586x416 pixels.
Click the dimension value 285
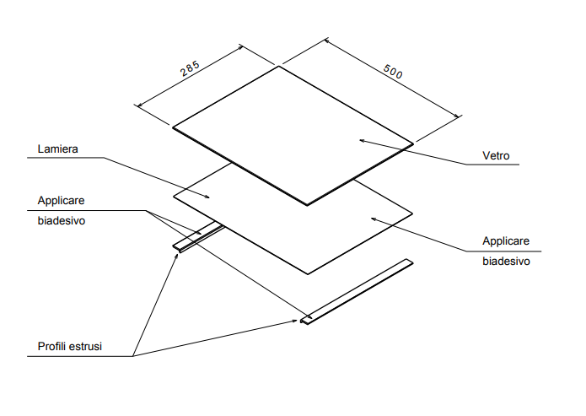coord(190,69)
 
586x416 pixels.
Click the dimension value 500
coord(393,71)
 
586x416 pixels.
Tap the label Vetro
coord(496,156)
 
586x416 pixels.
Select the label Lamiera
coord(57,149)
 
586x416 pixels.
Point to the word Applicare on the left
coord(61,201)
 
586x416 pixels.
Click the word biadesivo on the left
coord(63,222)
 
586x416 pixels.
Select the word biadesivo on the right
coord(506,262)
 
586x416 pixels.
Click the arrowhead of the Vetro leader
coord(360,139)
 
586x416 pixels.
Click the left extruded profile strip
coord(199,237)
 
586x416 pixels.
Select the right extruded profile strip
coord(358,290)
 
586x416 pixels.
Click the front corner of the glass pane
coord(308,204)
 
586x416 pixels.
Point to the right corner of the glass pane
coord(413,144)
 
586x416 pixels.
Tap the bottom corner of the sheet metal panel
coord(308,273)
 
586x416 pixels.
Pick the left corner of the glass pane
coord(173,128)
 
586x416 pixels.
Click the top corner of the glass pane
coord(279,67)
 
